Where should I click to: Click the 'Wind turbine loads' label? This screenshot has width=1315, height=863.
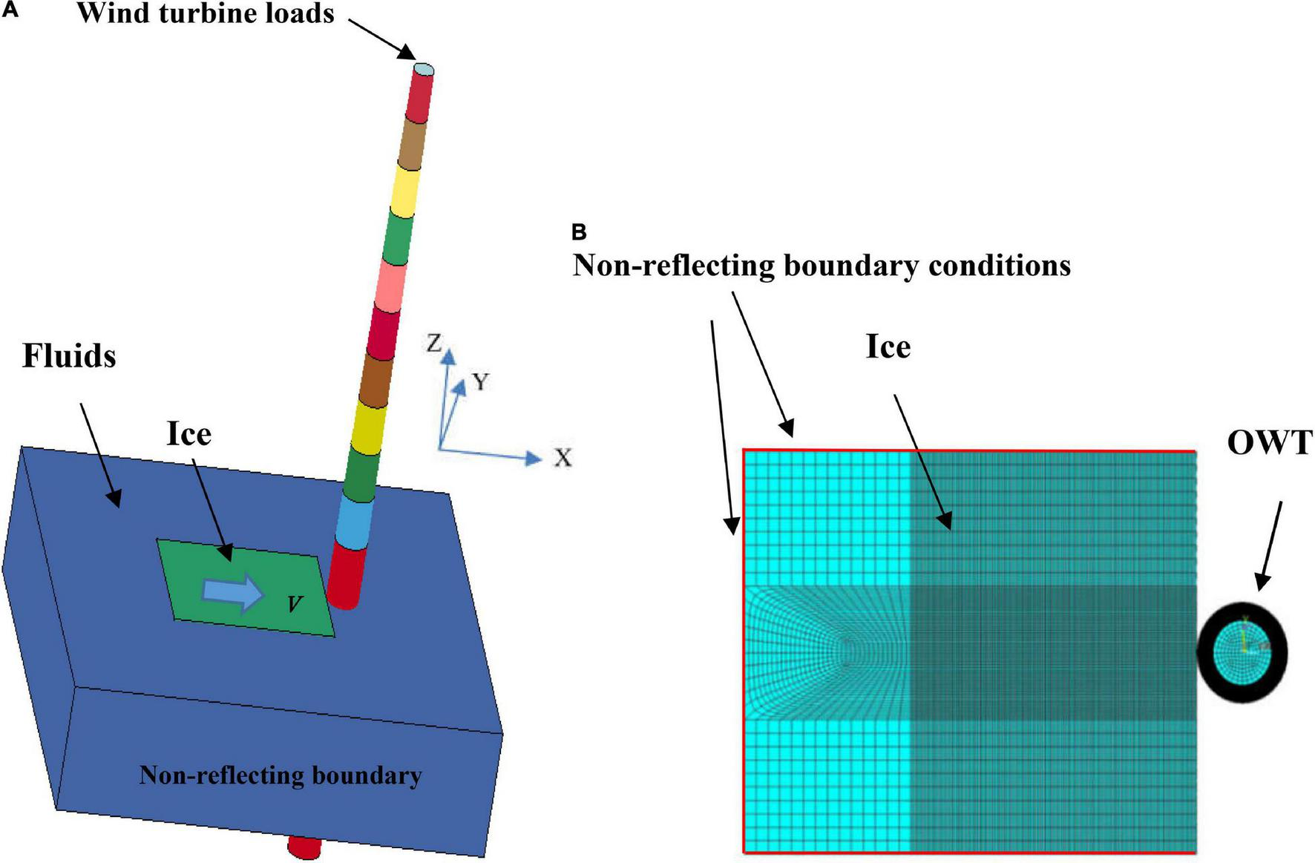tap(206, 13)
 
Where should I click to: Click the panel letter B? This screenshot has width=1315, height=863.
tap(579, 232)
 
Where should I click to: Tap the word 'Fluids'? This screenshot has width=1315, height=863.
tap(69, 356)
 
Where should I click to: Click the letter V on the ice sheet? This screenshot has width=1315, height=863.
tap(295, 604)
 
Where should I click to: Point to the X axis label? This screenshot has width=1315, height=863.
tap(563, 458)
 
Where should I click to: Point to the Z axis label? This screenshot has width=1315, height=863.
tap(434, 343)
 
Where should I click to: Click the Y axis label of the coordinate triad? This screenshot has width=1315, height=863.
tap(480, 381)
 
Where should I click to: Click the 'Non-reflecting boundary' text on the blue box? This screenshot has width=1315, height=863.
tap(280, 775)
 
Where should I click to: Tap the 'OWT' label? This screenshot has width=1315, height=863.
tap(1270, 443)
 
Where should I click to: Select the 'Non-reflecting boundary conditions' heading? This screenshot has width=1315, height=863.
tap(821, 266)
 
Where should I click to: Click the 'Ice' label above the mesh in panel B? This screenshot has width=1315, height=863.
tap(888, 347)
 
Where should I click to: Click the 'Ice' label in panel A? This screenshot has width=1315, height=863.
tap(188, 434)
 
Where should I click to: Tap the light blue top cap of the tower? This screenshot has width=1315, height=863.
tap(423, 69)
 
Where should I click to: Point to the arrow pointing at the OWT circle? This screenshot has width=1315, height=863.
tap(1269, 545)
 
